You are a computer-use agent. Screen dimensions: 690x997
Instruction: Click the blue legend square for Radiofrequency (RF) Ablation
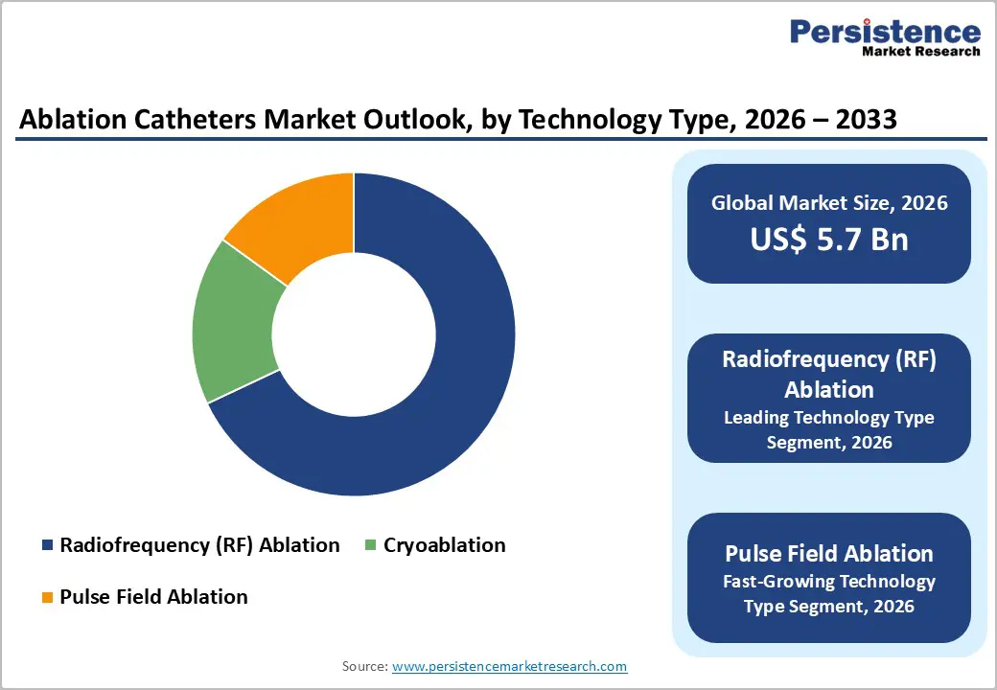47,546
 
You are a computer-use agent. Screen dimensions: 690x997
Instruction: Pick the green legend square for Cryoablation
371,546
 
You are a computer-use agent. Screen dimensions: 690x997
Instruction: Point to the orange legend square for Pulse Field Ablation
47,598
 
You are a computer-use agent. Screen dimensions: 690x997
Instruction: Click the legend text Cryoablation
444,545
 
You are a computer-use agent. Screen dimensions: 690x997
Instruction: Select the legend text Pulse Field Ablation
153,597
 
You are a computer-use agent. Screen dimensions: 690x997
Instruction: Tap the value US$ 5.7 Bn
828,239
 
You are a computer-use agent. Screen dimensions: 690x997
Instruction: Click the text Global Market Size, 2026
828,202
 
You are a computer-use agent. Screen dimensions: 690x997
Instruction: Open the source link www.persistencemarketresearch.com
509,666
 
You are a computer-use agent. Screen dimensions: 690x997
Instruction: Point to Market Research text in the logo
919,52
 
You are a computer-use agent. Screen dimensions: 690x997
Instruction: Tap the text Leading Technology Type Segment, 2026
828,430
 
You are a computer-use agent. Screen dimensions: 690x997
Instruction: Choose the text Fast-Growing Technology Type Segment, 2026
828,594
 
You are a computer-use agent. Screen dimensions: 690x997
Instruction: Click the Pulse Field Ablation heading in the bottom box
828,554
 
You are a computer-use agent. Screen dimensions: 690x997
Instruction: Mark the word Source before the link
363,666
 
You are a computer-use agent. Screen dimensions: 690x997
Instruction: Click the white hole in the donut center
354,334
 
